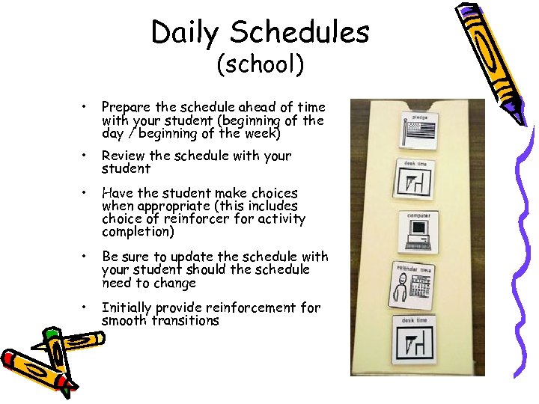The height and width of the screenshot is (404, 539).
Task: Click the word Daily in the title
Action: pyautogui.click(x=186, y=32)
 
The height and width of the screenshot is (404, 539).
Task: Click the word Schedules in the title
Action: pyautogui.click(x=299, y=32)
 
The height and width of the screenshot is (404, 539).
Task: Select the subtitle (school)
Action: pyautogui.click(x=260, y=65)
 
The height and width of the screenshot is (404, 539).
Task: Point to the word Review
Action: pyautogui.click(x=124, y=156)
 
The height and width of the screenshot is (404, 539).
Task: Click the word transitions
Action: pyautogui.click(x=190, y=321)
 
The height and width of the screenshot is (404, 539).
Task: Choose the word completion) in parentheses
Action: pyautogui.click(x=137, y=233)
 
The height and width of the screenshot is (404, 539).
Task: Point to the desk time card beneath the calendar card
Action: pyautogui.click(x=414, y=338)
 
